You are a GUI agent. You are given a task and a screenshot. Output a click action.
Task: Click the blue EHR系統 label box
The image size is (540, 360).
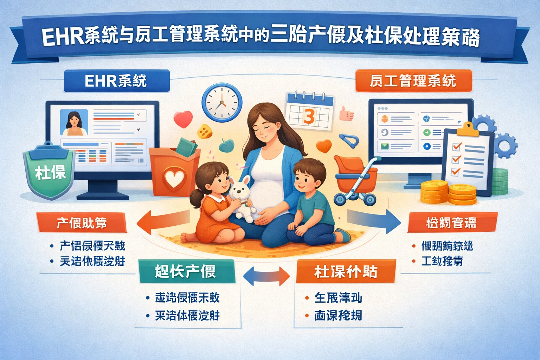tap(116, 81)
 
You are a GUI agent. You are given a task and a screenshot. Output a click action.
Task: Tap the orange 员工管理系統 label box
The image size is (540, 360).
tap(413, 81)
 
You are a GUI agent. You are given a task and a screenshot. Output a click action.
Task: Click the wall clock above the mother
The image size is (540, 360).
tap(222, 102)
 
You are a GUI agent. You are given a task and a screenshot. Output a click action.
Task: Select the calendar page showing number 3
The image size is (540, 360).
tap(309, 112)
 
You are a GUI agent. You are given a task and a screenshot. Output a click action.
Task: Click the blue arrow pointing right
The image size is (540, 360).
tap(374, 221)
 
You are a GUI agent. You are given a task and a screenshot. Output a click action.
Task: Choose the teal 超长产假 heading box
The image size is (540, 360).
tap(186, 271)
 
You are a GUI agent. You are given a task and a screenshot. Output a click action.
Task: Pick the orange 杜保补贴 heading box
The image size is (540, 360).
tap(346, 271)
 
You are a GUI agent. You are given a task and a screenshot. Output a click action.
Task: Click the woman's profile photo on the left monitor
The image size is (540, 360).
tap(74, 122)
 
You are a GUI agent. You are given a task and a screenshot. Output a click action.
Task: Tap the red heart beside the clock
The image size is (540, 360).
tap(183, 118)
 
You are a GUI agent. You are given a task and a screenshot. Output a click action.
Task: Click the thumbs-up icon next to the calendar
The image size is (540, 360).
tap(346, 114)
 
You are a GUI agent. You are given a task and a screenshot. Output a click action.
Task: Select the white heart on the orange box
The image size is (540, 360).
tap(175, 179)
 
